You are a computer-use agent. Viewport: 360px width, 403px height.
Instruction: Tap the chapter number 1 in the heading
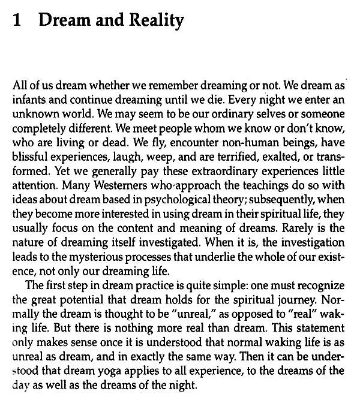click(x=17, y=21)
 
